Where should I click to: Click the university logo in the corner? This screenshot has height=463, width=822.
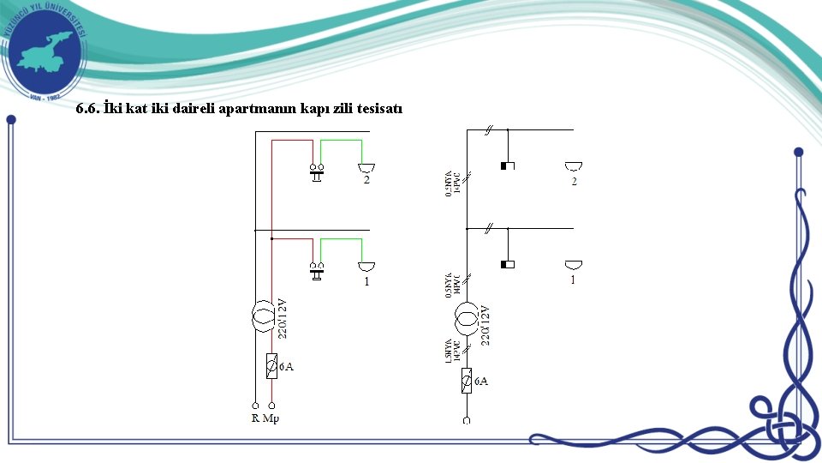click(45, 51)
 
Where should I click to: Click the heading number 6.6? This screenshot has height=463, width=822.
click(88, 110)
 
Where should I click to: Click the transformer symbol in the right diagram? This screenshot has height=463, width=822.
click(467, 319)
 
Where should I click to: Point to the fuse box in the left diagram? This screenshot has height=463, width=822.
click(271, 366)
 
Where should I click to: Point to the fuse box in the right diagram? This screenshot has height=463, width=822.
click(467, 380)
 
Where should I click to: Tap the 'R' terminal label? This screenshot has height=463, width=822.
click(255, 418)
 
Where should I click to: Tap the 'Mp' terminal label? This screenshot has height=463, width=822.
click(271, 418)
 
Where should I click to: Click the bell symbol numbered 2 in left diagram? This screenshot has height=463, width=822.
click(366, 167)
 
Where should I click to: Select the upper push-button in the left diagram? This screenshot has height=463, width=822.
click(317, 171)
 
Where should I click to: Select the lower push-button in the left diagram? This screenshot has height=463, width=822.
click(317, 271)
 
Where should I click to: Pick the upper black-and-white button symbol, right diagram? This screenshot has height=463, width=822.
click(507, 165)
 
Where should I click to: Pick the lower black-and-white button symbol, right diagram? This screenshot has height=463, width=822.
click(507, 264)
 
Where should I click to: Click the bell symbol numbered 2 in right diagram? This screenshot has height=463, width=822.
click(574, 165)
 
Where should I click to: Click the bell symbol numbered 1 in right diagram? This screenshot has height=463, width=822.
click(574, 264)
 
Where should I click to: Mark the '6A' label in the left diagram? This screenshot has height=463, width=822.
click(286, 367)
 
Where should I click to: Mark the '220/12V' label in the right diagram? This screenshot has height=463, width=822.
click(485, 325)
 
